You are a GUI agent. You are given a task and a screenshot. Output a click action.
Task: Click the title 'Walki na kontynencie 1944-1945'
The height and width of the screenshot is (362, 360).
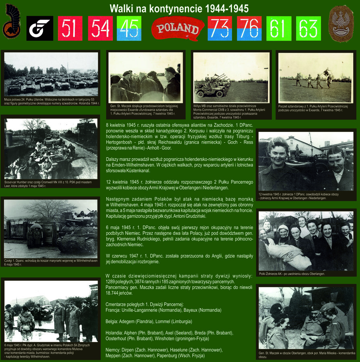(x=179, y=8)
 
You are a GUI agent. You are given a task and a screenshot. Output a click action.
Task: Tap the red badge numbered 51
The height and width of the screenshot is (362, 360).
(x=70, y=28)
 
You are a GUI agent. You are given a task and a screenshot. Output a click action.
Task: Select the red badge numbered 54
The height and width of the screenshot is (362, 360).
(x=100, y=28)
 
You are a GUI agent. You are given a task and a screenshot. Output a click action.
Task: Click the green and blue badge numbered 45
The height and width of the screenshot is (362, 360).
(x=129, y=28)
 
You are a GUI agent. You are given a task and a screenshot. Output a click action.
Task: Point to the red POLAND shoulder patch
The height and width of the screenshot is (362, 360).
(x=177, y=28)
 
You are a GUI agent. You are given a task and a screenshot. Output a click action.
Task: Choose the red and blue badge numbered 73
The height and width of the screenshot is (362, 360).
(x=219, y=28)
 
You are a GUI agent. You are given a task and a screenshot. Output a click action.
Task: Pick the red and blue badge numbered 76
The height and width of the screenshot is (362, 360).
(x=249, y=28)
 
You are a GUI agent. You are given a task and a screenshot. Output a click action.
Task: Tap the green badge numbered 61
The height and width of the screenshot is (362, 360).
(x=279, y=28)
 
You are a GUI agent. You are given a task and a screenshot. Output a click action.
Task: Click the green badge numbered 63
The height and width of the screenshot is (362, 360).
(x=308, y=28)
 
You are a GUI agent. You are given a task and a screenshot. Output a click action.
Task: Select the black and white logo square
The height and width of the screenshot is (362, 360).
(x=39, y=28)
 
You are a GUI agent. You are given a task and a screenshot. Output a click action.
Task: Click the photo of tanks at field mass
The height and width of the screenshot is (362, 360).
(x=51, y=74)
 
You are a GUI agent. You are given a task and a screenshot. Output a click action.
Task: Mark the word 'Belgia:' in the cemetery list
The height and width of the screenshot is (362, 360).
(x=114, y=322)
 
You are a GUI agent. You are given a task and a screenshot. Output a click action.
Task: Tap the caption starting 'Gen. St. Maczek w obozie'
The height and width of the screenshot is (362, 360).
(x=307, y=354)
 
